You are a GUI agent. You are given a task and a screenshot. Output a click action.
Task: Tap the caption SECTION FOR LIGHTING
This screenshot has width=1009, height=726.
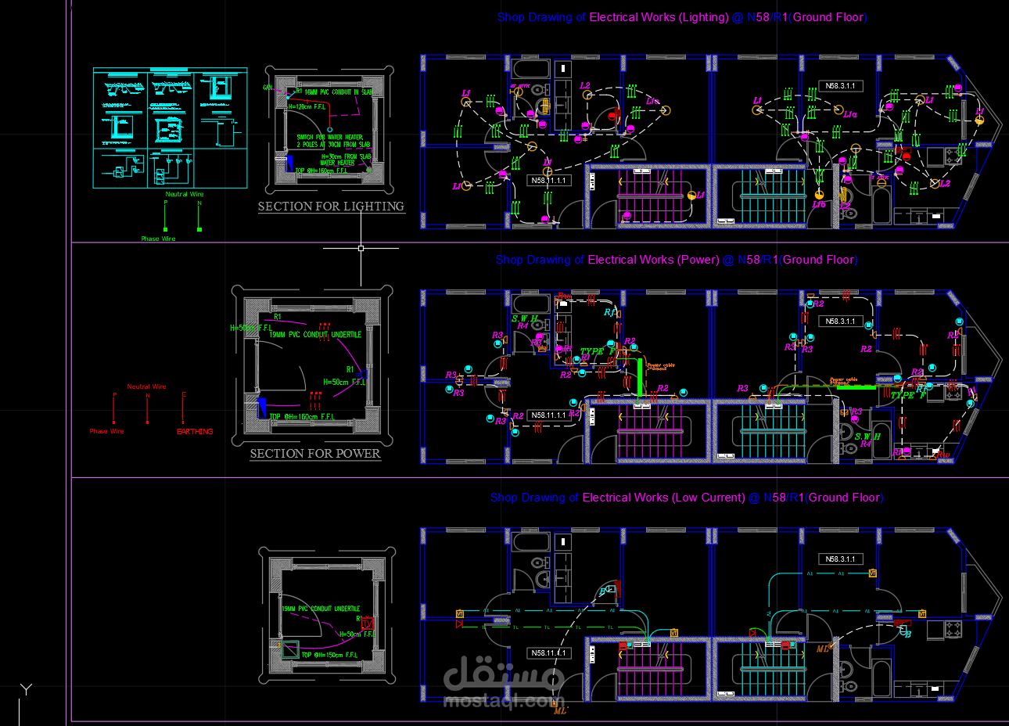coord(331,207)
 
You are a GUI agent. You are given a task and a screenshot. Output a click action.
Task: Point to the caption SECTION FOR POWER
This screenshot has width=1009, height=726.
coord(315,454)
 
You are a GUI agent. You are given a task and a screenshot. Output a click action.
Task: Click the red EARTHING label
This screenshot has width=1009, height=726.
coord(195,432)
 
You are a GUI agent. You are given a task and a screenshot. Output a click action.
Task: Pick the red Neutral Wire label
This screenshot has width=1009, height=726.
coord(146,386)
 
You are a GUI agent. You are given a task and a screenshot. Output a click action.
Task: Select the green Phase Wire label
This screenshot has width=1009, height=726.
coord(158,239)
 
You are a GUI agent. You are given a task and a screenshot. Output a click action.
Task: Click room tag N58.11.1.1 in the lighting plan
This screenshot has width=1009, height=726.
coord(548,181)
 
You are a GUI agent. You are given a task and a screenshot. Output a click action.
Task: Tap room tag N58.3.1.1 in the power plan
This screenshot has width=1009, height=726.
coord(840,322)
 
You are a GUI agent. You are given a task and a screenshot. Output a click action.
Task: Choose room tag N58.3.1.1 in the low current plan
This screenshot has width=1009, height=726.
coord(840,559)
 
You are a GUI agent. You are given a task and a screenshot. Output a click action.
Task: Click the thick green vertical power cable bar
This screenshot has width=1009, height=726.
coord(639,379)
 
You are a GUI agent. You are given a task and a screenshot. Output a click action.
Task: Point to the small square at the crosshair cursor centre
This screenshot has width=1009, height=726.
coord(361,248)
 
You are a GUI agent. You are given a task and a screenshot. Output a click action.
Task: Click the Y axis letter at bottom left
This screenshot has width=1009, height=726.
coord(27,689)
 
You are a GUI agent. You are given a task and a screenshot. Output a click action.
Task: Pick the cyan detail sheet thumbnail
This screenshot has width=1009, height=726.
coord(170,128)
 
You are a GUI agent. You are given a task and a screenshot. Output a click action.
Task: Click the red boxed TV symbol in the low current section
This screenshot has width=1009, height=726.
coord(367,624)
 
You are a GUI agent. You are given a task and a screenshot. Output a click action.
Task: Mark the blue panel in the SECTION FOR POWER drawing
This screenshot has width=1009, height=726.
coord(263,406)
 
